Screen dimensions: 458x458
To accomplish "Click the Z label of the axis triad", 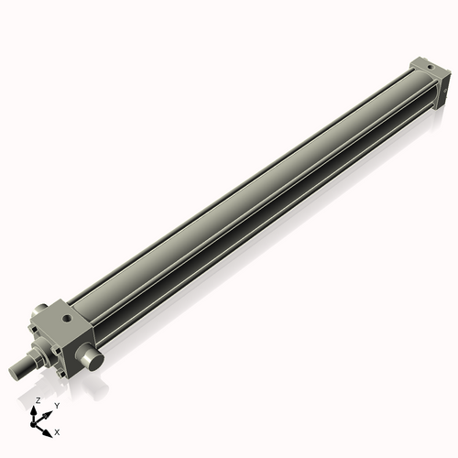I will point(38,401).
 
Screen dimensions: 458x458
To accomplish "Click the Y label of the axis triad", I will point(57,404).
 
